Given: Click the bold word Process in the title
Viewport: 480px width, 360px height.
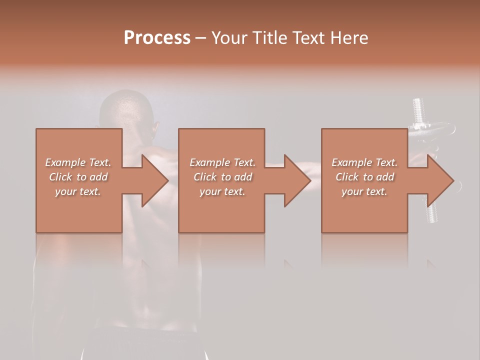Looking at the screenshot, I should [x=157, y=38].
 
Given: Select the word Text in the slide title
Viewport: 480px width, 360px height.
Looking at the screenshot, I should [x=309, y=38].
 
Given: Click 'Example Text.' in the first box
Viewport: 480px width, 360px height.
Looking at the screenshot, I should [x=78, y=162].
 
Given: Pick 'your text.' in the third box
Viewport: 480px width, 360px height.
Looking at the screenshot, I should [x=364, y=191].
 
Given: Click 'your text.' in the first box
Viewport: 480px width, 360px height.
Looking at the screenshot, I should [x=78, y=191].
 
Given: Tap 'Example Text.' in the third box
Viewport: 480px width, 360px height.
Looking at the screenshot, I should [x=364, y=162].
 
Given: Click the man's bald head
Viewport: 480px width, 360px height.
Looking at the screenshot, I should [x=125, y=107].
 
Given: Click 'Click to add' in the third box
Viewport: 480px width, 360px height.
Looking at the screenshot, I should [x=364, y=177].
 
